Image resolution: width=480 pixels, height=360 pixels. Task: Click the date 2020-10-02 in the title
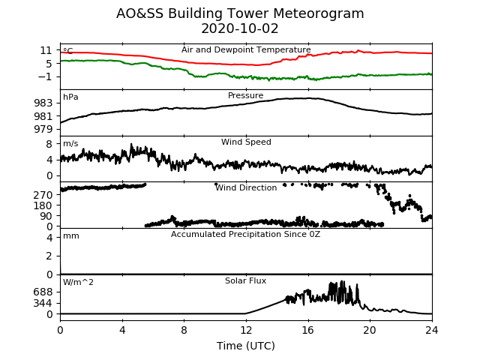coord(240,28)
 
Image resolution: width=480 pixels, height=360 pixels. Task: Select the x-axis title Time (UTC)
coord(246,346)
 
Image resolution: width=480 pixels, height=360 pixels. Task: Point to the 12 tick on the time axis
coord(246,330)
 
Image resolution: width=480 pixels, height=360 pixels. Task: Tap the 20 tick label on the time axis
coord(370,330)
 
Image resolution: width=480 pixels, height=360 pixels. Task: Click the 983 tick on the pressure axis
coord(43,103)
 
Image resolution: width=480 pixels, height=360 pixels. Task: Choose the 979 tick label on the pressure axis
coord(43,129)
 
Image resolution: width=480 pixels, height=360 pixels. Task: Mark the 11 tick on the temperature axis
coord(46,50)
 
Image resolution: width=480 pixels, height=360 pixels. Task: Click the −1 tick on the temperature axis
coord(45,76)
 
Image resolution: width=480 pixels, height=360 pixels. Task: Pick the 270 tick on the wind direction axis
coord(43,195)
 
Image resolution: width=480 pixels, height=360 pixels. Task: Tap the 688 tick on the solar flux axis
coord(43,292)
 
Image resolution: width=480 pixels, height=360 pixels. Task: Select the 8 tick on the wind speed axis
coord(49,144)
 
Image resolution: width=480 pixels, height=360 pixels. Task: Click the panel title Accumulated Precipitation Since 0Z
coord(245,235)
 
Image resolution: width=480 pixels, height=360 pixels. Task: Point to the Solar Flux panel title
coord(245,280)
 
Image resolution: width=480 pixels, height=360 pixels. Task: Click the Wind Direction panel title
coord(246,187)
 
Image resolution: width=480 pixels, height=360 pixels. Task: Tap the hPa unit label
coord(70,97)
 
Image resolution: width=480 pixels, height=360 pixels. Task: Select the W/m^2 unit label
coord(78,282)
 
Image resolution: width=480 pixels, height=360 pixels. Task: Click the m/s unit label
coord(70,143)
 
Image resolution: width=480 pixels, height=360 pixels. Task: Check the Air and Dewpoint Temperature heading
coord(246,49)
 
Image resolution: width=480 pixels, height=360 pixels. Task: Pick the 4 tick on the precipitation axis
coord(49,237)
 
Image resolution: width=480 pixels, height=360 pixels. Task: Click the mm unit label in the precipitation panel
coord(71,236)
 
